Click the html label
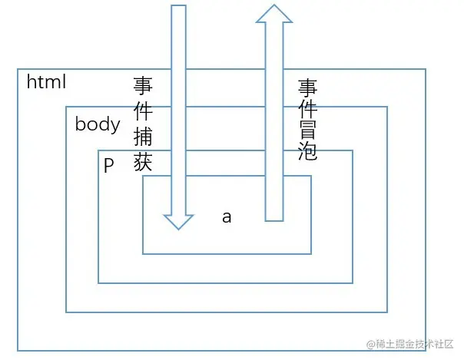47,81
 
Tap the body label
98,124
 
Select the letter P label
108,165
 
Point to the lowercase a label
227,217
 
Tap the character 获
144,162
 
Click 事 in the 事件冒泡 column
307,87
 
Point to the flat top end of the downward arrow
178,7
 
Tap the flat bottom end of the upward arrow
274,220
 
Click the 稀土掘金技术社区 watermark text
416,342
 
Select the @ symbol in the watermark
370,342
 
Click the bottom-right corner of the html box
427,351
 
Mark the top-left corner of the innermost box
143,177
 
